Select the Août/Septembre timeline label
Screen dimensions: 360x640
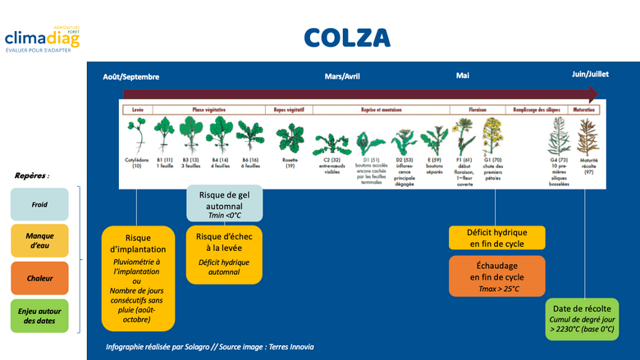coord(131,76)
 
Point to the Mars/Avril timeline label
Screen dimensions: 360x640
coord(342,76)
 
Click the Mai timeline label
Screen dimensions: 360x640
coord(463,76)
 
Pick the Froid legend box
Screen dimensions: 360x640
coord(39,203)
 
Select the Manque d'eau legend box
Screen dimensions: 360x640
coord(39,240)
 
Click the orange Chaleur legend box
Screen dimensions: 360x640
coord(39,279)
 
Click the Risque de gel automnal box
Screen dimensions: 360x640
coord(224,203)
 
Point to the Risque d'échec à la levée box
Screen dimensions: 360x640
coord(224,254)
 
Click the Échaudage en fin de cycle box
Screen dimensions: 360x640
coord(496,276)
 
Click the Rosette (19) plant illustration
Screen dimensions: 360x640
coord(290,138)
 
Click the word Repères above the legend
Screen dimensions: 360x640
coord(32,175)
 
